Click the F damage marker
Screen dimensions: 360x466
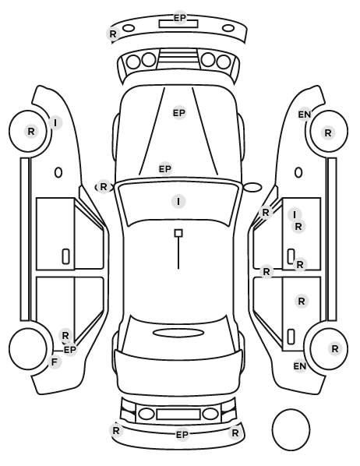(x=55, y=362)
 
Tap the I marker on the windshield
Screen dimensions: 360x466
(x=178, y=202)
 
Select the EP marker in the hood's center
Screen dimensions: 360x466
(x=179, y=113)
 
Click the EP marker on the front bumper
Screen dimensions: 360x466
(x=180, y=18)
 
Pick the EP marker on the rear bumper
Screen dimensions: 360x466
(x=182, y=435)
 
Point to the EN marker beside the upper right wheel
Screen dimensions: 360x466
(x=305, y=114)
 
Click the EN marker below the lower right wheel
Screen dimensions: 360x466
(x=300, y=366)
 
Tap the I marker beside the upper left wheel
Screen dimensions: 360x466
(x=55, y=122)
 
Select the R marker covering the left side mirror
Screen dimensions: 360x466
(x=104, y=187)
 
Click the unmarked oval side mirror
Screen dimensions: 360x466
(x=252, y=187)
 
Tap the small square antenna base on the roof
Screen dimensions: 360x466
(x=178, y=233)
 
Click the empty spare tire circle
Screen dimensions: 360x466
(x=291, y=429)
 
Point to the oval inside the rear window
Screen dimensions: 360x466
(x=178, y=333)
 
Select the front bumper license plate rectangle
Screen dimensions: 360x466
(x=178, y=24)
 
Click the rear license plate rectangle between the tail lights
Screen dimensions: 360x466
(x=178, y=415)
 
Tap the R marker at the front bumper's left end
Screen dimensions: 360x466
(x=113, y=34)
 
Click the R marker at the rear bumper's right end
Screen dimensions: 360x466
(x=235, y=433)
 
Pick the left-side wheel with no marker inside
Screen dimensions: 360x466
(x=28, y=348)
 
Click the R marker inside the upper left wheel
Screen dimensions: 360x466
(x=31, y=131)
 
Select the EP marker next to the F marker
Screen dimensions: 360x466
(x=70, y=350)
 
